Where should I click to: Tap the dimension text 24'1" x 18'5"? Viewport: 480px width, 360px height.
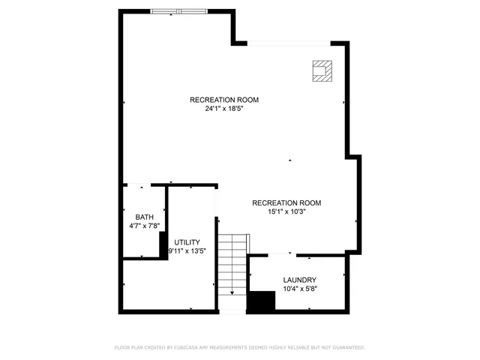coord(224,109)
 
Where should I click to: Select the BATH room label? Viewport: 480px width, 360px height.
coord(144,217)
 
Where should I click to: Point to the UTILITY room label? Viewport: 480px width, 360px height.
coord(187,242)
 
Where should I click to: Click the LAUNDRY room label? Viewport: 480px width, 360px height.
coord(299,280)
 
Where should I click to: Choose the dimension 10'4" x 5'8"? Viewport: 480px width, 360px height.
coord(299,289)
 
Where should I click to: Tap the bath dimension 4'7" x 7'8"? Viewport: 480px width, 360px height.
coord(145,226)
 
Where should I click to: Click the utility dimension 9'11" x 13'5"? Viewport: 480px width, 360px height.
coord(187,251)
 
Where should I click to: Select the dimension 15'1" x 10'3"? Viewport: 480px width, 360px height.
coord(286,211)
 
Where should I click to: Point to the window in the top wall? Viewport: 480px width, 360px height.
coord(178,11)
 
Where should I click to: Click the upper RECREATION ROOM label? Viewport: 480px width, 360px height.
coord(224,100)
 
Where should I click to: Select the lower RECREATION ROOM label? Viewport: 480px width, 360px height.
coord(286,202)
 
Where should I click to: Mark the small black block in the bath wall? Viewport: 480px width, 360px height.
coord(163,243)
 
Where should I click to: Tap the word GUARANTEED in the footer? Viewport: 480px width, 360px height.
coord(346,347)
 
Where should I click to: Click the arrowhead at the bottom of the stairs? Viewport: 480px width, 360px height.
coord(232,292)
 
